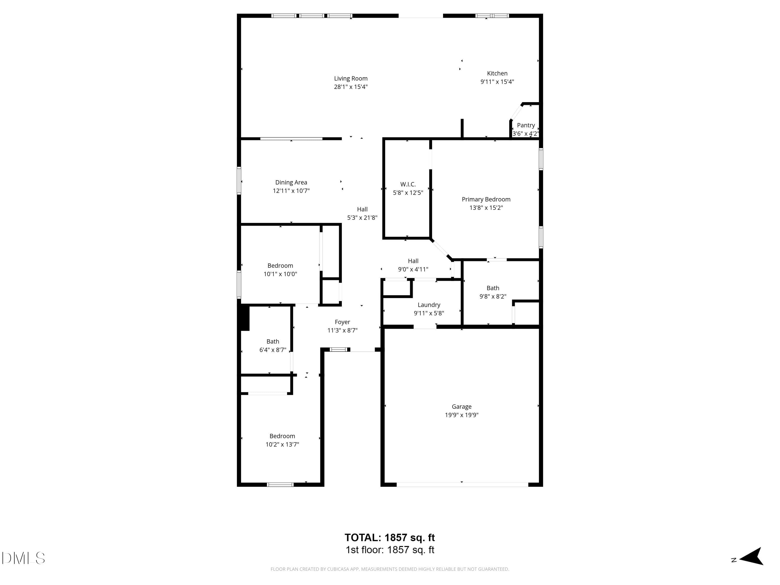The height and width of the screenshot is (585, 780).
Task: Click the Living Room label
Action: coord(350,79)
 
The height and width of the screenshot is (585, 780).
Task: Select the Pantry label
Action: coord(526,125)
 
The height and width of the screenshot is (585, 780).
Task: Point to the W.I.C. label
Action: coord(408,184)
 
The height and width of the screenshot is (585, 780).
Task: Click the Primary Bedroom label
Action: coord(486,199)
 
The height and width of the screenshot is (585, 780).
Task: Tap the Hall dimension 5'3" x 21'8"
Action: coord(362,218)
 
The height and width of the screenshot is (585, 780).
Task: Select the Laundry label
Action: coord(429,305)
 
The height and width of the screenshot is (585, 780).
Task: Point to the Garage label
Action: coord(461,407)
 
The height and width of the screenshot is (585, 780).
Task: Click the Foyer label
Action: coord(342,322)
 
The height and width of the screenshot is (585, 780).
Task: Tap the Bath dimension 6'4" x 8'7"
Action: coord(272,350)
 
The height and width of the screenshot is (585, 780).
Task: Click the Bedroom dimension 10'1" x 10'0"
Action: coord(280,274)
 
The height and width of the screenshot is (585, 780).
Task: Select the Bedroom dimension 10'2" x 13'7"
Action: coord(282,444)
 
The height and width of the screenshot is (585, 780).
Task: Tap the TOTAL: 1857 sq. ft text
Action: coord(390,537)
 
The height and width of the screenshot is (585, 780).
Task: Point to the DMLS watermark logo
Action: coord(23,558)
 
